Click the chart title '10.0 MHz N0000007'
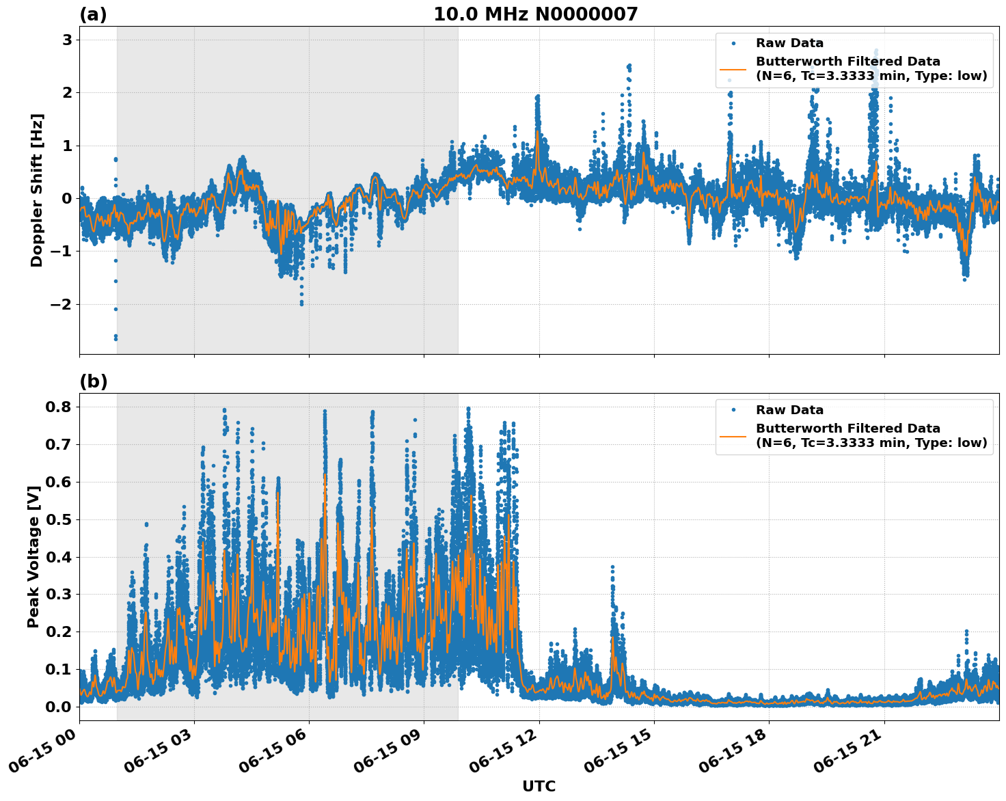pyautogui.click(x=535, y=14)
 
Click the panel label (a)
pyautogui.click(x=93, y=14)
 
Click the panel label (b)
pyautogui.click(x=93, y=381)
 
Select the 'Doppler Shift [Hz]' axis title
pyautogui.click(x=37, y=190)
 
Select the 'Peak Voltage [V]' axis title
pyautogui.click(x=33, y=556)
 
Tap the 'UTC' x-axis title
pyautogui.click(x=539, y=786)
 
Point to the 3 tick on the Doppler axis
pyautogui.click(x=67, y=40)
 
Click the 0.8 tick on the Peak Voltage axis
pyautogui.click(x=58, y=407)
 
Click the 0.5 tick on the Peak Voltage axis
pyautogui.click(x=58, y=519)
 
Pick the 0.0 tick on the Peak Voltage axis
pyautogui.click(x=58, y=707)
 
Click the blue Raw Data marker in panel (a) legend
pyautogui.click(x=733, y=43)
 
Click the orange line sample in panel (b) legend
pyautogui.click(x=733, y=435)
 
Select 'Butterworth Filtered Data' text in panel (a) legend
pyautogui.click(x=847, y=62)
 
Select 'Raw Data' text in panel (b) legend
pyautogui.click(x=789, y=410)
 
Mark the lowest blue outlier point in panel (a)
pyautogui.click(x=115, y=338)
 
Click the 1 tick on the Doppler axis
pyautogui.click(x=67, y=146)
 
